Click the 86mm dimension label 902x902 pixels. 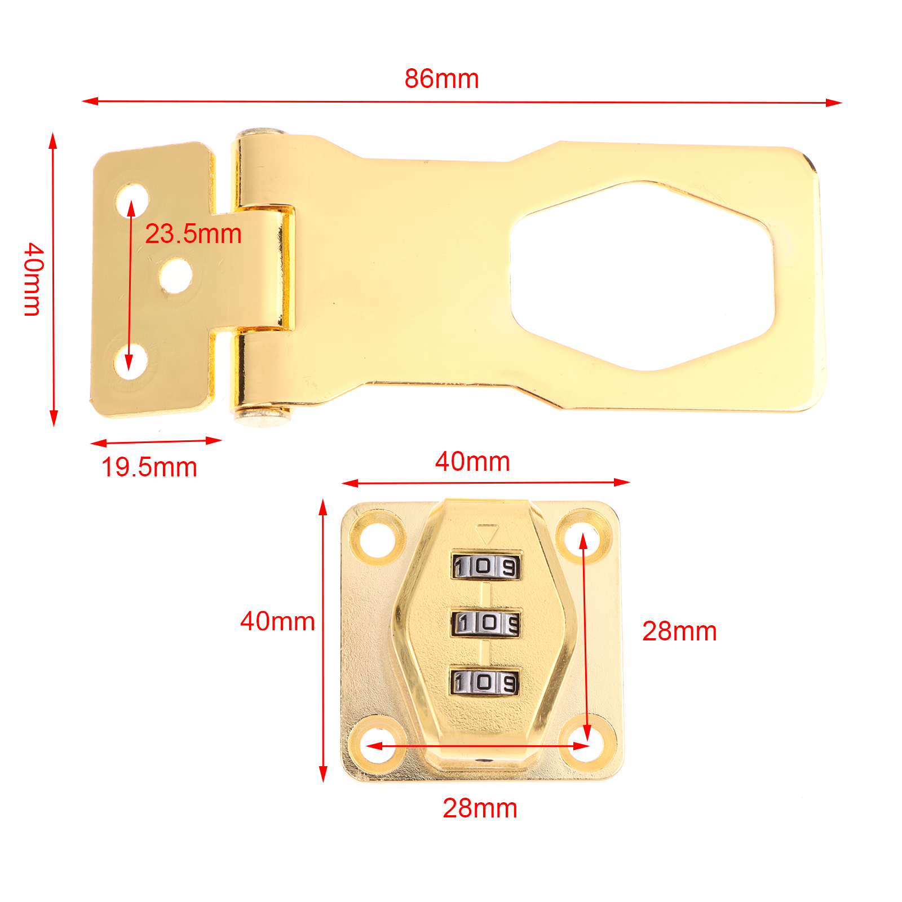[x=441, y=79]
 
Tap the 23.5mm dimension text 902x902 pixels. [x=193, y=234]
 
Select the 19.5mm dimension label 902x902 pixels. [x=149, y=467]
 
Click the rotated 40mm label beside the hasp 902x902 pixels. [x=33, y=279]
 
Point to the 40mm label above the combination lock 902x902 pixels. [x=472, y=461]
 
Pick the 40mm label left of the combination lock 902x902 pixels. [x=277, y=621]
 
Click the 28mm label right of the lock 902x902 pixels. [x=679, y=631]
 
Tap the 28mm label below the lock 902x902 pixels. [x=480, y=808]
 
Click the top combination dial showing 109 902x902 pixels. [x=485, y=567]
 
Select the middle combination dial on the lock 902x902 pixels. [x=485, y=623]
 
